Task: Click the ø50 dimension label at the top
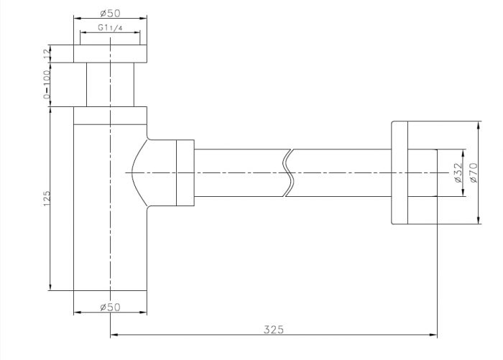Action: (110, 13)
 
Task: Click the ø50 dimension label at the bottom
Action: (110, 307)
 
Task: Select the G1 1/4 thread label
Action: (110, 27)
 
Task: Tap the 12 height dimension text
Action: (47, 54)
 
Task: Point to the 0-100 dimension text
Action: (47, 84)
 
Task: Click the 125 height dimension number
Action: (47, 198)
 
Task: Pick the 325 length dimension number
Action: (274, 330)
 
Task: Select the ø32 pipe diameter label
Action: (458, 172)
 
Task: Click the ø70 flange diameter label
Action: (474, 172)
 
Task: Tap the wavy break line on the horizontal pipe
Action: (289, 172)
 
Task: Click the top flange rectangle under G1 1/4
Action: (111, 54)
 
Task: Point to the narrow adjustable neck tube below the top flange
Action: (111, 84)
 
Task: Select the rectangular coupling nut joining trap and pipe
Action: (185, 172)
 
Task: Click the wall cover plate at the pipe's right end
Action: (400, 172)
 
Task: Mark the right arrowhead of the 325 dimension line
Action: (433, 335)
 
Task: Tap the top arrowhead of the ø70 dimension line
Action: (479, 125)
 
